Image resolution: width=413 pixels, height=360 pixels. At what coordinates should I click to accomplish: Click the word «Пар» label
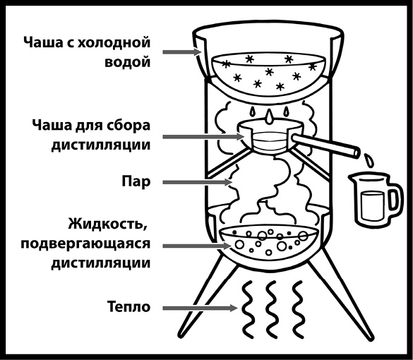136,182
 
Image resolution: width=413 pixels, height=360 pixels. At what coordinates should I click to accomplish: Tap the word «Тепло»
128,307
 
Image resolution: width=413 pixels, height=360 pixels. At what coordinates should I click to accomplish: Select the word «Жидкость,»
107,224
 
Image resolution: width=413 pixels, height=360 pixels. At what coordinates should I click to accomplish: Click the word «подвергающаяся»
85,244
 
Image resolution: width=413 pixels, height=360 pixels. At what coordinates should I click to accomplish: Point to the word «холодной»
114,42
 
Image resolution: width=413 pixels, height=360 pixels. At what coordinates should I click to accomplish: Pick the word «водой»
128,62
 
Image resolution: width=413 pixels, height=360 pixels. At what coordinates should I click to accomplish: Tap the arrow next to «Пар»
197,182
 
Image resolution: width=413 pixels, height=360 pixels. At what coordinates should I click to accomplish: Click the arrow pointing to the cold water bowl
182,52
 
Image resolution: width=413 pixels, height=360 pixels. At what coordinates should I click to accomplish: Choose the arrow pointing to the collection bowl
203,137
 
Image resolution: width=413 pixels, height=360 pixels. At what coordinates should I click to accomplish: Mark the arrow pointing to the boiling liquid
197,246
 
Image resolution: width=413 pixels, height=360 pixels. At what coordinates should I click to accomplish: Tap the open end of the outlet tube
355,152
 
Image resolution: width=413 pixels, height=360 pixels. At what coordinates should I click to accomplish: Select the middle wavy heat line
272,308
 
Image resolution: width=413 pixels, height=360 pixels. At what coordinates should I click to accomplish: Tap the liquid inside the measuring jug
372,204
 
